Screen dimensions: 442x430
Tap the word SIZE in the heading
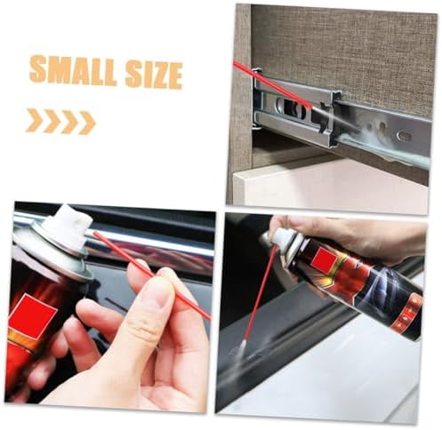[154, 75]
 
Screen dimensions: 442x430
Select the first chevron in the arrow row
[33, 120]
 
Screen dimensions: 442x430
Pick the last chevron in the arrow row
[86, 123]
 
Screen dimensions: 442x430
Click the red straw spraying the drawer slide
[272, 84]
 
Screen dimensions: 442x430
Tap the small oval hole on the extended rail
[405, 135]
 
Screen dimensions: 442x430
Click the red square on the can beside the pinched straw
[33, 315]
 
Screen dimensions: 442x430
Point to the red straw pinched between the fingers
[152, 275]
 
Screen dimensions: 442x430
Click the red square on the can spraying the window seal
[326, 259]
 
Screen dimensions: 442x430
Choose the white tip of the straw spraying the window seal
[242, 346]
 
